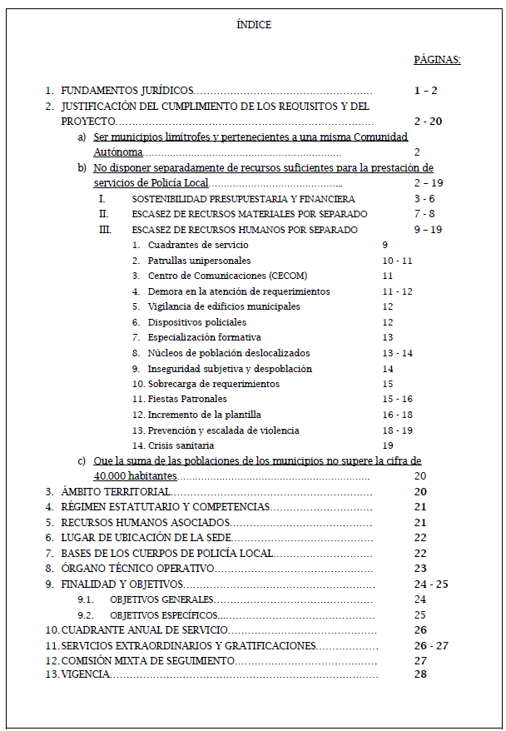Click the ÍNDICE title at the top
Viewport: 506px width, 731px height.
[x=254, y=25]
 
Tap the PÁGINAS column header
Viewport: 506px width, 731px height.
[x=437, y=60]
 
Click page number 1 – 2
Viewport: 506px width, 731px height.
[x=425, y=91]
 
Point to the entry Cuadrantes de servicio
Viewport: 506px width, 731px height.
[x=198, y=245]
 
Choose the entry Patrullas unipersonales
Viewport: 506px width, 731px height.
[x=199, y=261]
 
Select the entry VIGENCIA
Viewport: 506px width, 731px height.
[x=85, y=674]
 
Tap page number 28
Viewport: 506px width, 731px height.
[x=419, y=674]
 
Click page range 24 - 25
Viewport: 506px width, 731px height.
[x=430, y=584]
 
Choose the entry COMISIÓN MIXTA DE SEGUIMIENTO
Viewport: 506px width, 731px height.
[x=147, y=660]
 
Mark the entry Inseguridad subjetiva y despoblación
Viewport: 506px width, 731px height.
[x=230, y=369]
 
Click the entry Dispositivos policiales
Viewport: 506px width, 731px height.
[x=197, y=322]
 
